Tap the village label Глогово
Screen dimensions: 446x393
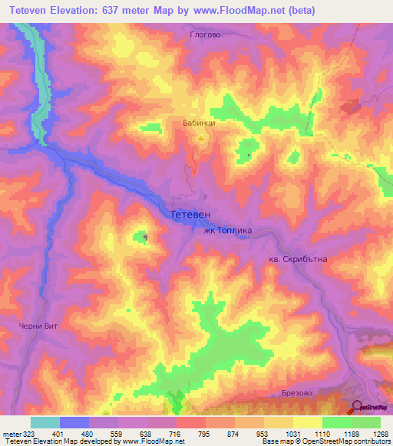[x=204, y=34]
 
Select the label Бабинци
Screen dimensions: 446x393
[x=199, y=123]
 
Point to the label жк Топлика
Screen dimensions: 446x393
[x=227, y=230]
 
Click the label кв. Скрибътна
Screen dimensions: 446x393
[x=299, y=259]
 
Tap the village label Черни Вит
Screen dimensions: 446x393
[x=39, y=326]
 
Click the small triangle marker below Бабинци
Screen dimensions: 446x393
[x=201, y=138]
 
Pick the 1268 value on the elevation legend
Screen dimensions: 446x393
[x=379, y=433]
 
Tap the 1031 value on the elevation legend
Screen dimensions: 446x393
[x=292, y=433]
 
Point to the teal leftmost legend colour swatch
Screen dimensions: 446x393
[x=45, y=422]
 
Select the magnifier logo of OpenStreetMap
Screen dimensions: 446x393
[x=357, y=407]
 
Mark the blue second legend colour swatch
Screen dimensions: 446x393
[x=74, y=422]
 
